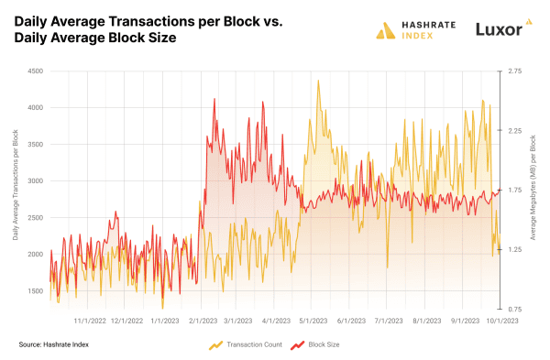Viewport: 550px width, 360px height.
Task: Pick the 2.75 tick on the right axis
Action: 516,71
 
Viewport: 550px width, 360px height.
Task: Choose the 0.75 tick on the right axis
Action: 516,310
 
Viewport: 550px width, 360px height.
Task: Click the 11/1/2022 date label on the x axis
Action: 89,322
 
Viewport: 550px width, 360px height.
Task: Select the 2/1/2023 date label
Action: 202,322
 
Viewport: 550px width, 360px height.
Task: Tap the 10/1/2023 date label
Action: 500,322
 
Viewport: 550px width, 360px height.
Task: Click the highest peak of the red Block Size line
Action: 214,99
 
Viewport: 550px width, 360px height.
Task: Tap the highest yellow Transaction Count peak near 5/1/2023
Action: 318,81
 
